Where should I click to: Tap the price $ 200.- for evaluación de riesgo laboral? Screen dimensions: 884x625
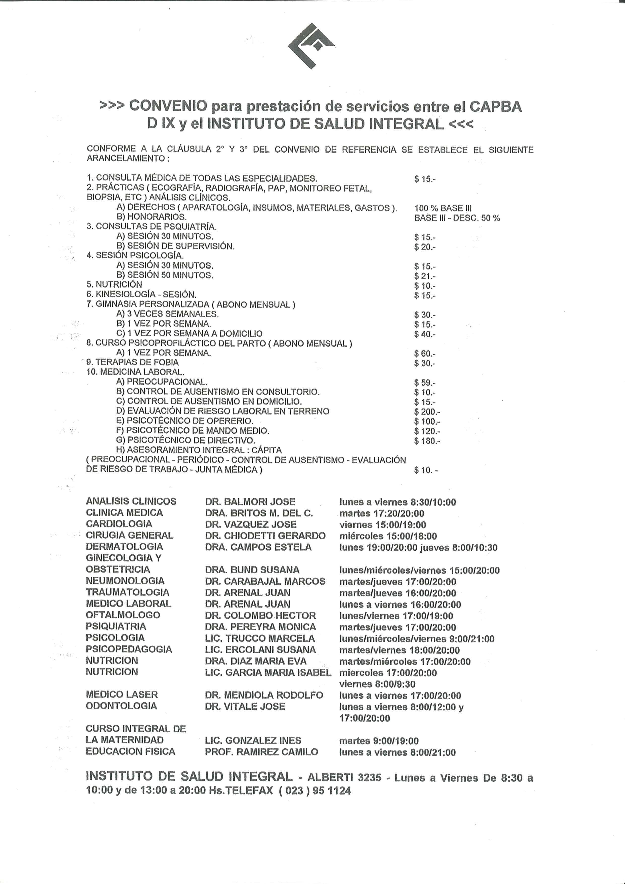click(x=427, y=412)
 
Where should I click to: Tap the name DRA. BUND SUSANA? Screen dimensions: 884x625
click(x=252, y=570)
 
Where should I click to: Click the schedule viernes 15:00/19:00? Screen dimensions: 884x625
click(x=382, y=524)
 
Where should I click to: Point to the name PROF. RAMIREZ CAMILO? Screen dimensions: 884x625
click(x=262, y=751)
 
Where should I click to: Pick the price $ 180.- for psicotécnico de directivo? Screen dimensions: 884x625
click(x=427, y=441)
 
